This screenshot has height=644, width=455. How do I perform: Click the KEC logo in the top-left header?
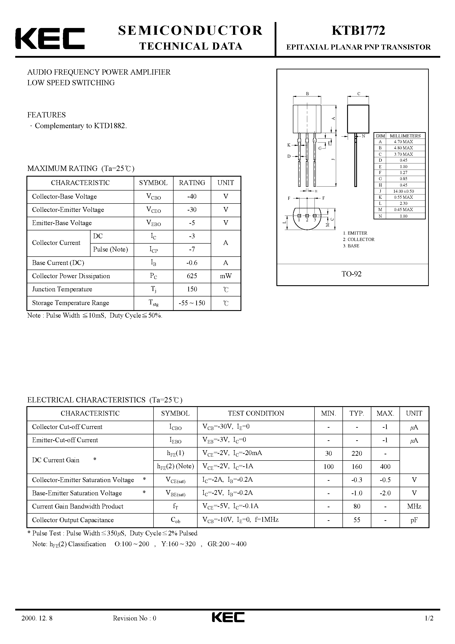pos(50,38)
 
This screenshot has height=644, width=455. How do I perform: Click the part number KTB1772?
pos(358,31)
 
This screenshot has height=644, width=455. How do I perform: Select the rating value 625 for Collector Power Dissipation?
pos(192,276)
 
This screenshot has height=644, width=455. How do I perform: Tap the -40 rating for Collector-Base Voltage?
pos(192,196)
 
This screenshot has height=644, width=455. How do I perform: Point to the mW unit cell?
pos(226,276)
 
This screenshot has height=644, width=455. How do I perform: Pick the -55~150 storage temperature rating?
pos(192,303)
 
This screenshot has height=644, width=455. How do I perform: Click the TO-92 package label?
pos(351,274)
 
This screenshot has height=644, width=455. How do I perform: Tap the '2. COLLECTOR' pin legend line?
pos(359,239)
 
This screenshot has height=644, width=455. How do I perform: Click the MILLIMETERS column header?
pos(405,136)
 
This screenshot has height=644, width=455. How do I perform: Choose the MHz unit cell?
pos(414,506)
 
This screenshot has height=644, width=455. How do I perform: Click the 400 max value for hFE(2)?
pos(385,466)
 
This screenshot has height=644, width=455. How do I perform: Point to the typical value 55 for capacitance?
pos(357,520)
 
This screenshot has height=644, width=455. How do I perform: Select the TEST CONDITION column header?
pos(256,413)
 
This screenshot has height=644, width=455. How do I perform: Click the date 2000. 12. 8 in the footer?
pos(37,626)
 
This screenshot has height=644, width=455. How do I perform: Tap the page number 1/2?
pos(429,626)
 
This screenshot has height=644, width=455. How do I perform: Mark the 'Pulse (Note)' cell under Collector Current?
pos(111,249)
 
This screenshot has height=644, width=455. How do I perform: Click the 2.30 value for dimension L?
pos(403,203)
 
